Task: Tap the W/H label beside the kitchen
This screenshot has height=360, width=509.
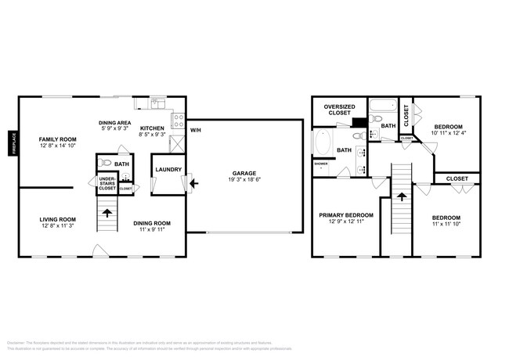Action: tap(195, 130)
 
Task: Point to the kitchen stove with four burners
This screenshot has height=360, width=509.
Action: tap(178, 121)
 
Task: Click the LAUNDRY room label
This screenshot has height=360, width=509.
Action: tap(168, 169)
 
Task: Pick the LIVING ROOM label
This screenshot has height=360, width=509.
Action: tap(58, 219)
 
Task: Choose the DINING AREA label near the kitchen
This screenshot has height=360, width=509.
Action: tap(114, 123)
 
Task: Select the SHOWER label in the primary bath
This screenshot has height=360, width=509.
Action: tap(320, 164)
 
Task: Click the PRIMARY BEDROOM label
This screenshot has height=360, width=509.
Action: tap(345, 214)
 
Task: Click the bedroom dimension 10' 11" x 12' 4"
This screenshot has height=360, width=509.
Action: tap(448, 132)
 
